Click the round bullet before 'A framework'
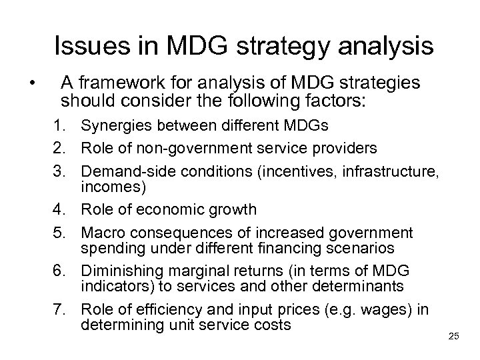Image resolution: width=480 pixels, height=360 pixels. click(x=31, y=85)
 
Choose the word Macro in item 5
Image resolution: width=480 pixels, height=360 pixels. click(x=100, y=233)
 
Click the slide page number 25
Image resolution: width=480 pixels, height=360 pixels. click(x=454, y=335)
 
